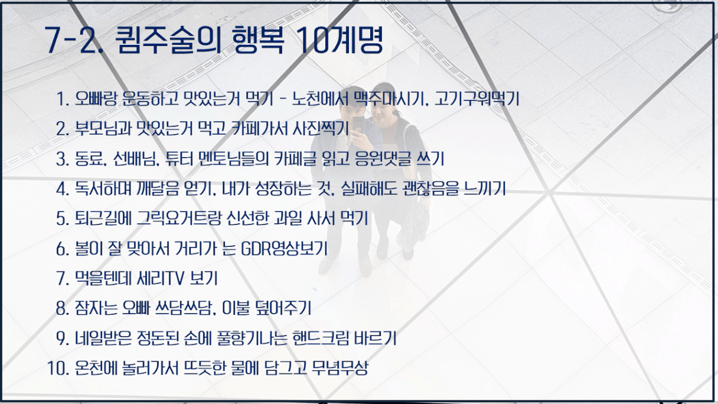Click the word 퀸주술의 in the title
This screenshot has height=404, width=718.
[168, 40]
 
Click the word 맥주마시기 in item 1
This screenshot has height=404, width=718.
[391, 99]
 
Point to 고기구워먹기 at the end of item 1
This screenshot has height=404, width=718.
[477, 99]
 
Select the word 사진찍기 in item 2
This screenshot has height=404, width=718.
[321, 129]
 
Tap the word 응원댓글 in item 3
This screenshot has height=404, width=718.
[383, 158]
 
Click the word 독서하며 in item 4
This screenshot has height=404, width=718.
[103, 188]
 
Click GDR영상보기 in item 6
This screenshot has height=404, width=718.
[284, 249]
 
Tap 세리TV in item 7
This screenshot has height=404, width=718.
[161, 278]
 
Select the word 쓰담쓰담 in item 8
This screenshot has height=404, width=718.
[184, 308]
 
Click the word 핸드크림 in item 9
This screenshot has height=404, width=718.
[321, 338]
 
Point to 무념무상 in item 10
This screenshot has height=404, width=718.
[340, 368]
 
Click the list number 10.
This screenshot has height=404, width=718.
[58, 369]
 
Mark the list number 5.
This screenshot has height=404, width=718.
[63, 219]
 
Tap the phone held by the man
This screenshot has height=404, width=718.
[358, 125]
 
